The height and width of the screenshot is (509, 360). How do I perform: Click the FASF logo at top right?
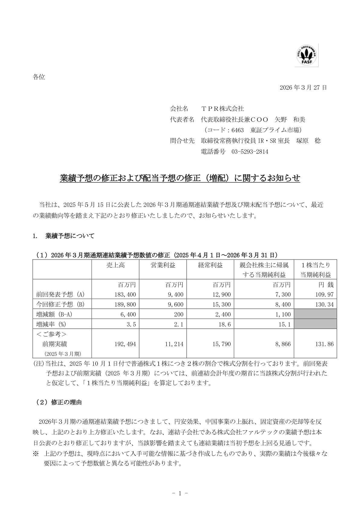pyautogui.click(x=306, y=55)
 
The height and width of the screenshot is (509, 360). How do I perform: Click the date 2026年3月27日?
pyautogui.click(x=303, y=88)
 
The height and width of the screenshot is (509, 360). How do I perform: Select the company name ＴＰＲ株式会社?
pyautogui.click(x=222, y=108)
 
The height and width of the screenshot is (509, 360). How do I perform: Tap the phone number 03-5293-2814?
pyautogui.click(x=250, y=152)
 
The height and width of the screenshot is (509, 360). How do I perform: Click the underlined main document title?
pyautogui.click(x=180, y=178)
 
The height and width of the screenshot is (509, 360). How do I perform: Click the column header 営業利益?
pyautogui.click(x=163, y=265)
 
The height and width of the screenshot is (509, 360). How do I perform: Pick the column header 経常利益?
pyautogui.click(x=210, y=265)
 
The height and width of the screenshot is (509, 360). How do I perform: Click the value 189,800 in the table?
pyautogui.click(x=125, y=304)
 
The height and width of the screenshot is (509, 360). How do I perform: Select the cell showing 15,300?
pyautogui.click(x=221, y=304)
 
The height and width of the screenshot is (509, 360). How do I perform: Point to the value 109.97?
pyautogui.click(x=324, y=295)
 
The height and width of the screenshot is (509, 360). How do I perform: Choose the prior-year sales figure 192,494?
pyautogui.click(x=125, y=344)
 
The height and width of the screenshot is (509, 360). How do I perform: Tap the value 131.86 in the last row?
pyautogui.click(x=324, y=344)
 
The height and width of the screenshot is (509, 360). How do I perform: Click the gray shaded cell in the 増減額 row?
pyautogui.click(x=315, y=314)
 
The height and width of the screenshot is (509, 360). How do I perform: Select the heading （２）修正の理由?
pyautogui.click(x=59, y=402)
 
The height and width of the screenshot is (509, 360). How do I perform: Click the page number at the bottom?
pyautogui.click(x=180, y=493)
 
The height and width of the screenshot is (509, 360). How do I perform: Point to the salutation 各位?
pyautogui.click(x=39, y=77)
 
